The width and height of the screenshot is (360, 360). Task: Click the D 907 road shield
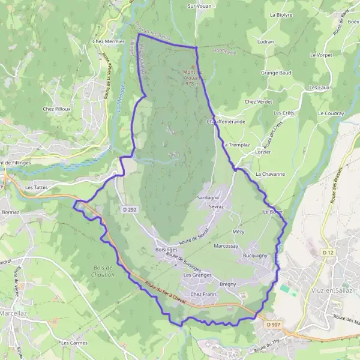(x=274, y=325)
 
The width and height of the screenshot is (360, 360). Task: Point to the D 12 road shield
(x=327, y=253)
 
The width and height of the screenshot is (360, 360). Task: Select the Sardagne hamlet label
(x=208, y=197)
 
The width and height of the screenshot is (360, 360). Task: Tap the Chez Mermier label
(x=108, y=41)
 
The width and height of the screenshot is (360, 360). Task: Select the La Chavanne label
(x=270, y=174)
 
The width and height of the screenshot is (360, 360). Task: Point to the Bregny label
(x=228, y=284)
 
